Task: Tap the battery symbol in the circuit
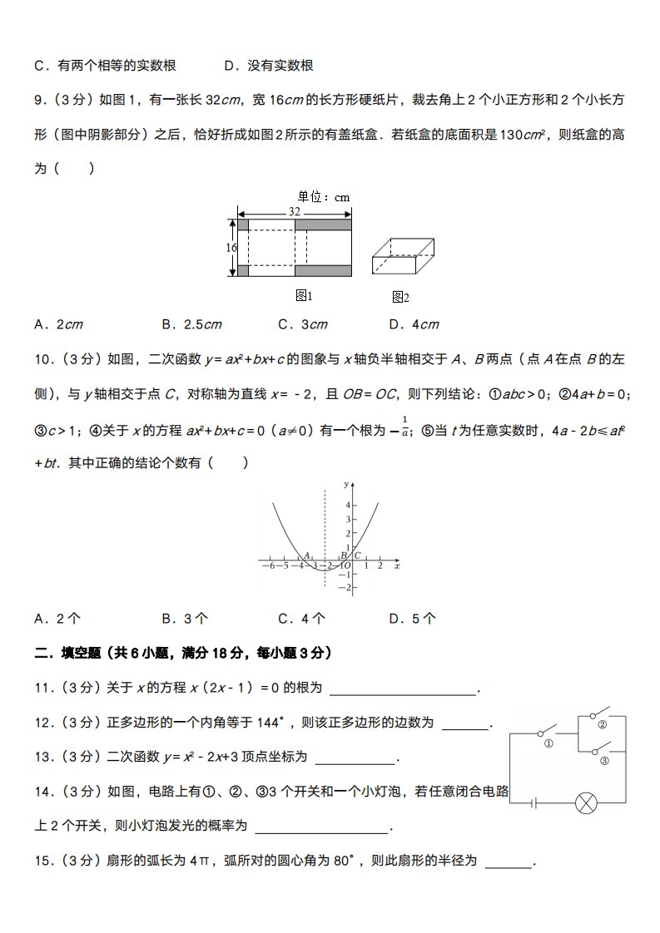[533, 802]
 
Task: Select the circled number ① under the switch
[548, 744]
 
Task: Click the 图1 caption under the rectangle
[304, 296]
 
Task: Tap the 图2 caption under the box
[400, 297]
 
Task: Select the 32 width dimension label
[295, 212]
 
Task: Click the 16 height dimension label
[231, 248]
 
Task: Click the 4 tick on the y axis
[349, 505]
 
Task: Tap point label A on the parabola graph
[307, 555]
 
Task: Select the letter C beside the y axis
[358, 555]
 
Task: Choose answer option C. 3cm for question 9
[303, 324]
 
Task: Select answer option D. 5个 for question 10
[413, 618]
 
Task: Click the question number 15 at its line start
[42, 861]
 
